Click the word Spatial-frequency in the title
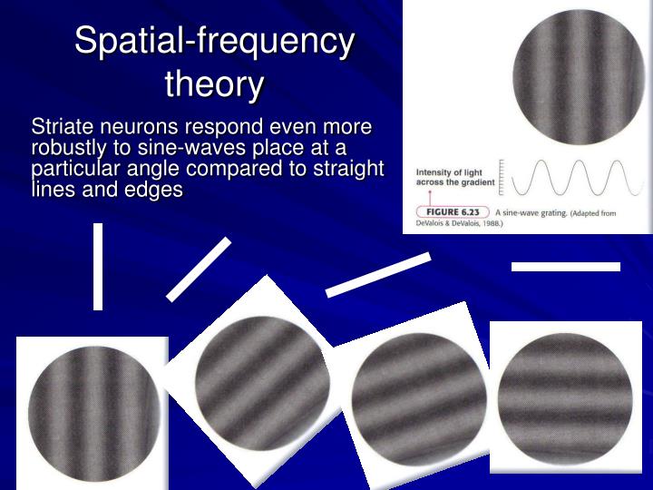coord(214,42)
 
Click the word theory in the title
coord(214,84)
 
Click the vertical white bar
coord(98,266)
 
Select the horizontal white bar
coord(565,266)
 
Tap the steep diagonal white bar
coord(199,269)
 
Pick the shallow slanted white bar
coord(377,274)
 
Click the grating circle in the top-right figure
coord(579,77)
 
